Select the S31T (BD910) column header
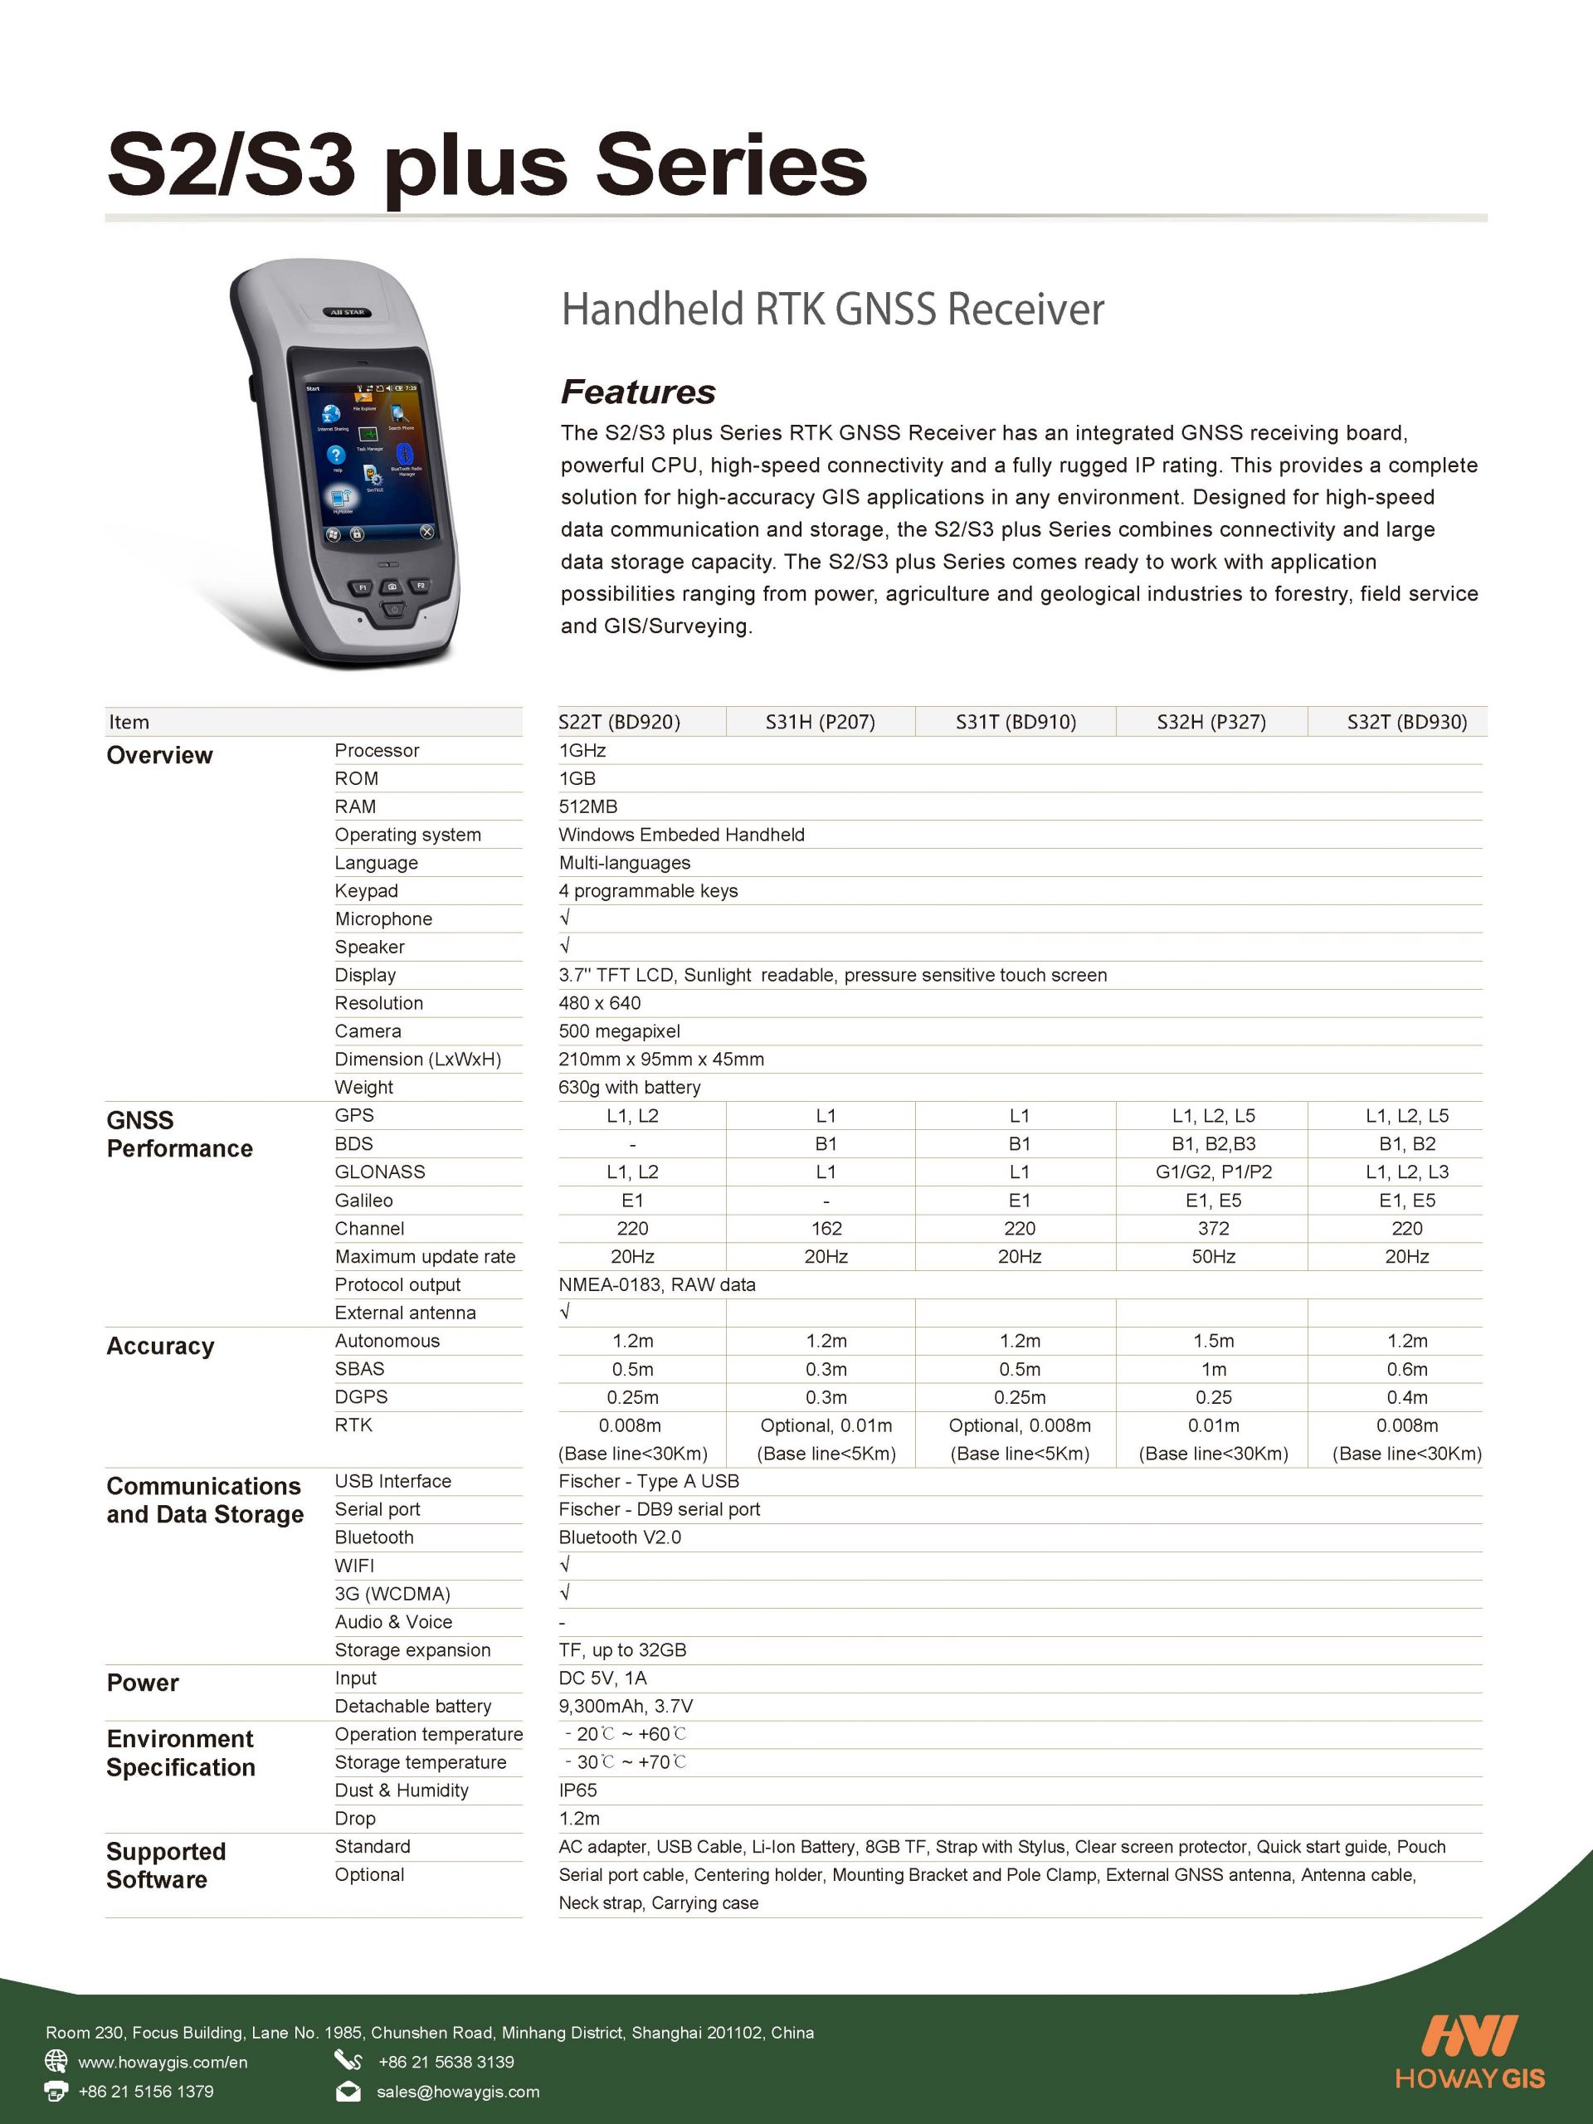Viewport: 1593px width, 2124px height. [x=1015, y=722]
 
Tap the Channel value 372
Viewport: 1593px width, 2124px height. [x=1213, y=1228]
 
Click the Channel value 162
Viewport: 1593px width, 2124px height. [x=826, y=1228]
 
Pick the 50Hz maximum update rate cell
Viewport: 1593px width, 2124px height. [x=1213, y=1256]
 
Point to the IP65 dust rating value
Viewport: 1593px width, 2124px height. [x=578, y=1790]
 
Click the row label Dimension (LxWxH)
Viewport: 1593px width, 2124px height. [x=417, y=1060]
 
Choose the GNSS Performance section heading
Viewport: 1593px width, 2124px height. [x=178, y=1134]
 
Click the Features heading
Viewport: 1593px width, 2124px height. [x=637, y=392]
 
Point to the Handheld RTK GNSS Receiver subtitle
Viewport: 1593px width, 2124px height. [x=832, y=309]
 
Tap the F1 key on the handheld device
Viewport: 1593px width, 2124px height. [x=363, y=587]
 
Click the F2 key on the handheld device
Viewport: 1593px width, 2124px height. [x=420, y=585]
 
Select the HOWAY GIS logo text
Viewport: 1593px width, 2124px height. [x=1469, y=2079]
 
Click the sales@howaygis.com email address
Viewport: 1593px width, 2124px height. [x=457, y=2092]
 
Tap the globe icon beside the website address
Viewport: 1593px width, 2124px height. [x=56, y=2061]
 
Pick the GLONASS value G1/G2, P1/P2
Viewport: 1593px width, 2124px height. [x=1213, y=1172]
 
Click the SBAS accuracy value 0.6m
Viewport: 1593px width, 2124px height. [x=1406, y=1369]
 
